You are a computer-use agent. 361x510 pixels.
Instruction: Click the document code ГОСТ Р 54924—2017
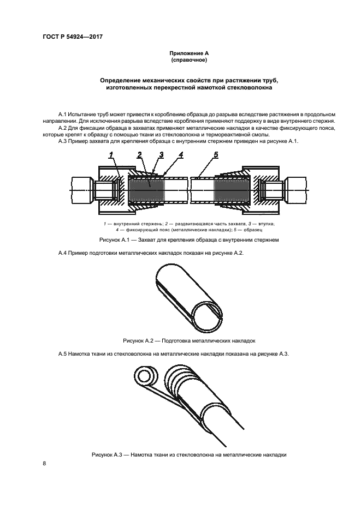(72, 37)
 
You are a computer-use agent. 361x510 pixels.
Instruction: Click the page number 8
(44, 463)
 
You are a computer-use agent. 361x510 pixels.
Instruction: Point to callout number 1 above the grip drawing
(111, 156)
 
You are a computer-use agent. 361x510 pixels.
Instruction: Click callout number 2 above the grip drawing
(140, 155)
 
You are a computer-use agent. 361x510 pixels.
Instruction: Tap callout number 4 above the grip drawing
(181, 155)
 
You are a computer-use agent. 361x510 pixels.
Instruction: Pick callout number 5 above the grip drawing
(216, 155)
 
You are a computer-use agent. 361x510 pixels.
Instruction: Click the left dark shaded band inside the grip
(146, 190)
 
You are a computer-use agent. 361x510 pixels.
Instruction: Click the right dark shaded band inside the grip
(227, 190)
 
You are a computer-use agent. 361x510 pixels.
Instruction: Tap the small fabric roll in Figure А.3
(145, 376)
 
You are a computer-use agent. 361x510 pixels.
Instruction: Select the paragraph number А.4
(63, 253)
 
